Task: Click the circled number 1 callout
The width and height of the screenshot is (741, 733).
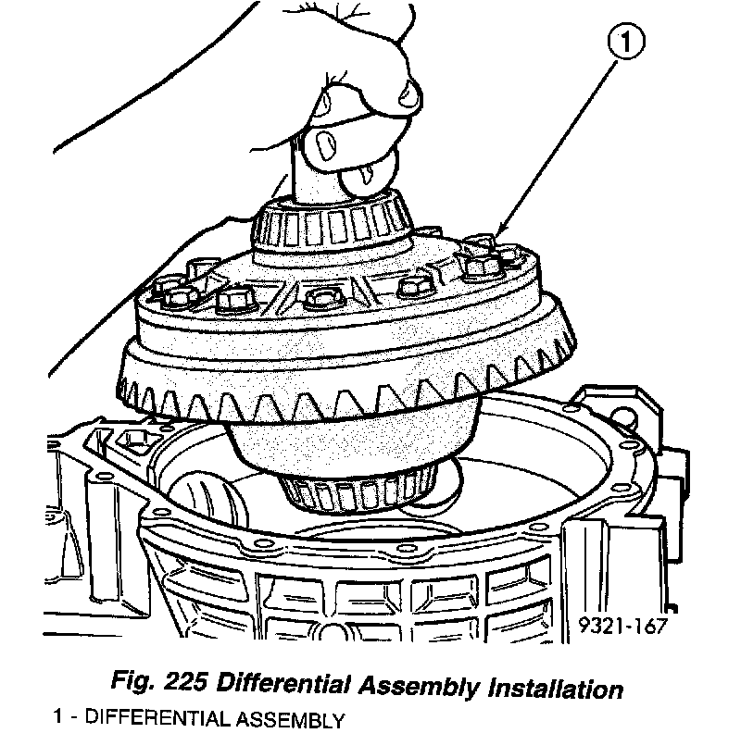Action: pyautogui.click(x=625, y=42)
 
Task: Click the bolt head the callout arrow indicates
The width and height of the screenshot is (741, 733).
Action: pyautogui.click(x=480, y=266)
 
